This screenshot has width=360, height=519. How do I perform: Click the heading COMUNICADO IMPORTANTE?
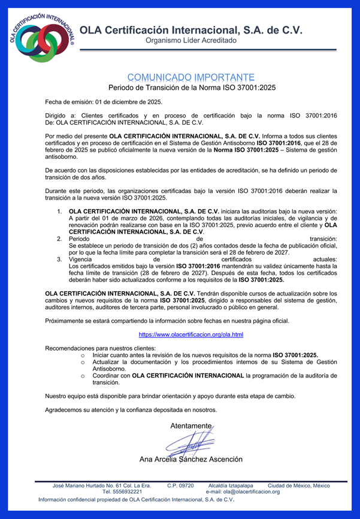tap(191, 77)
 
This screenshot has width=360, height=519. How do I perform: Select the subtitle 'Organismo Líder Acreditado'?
tap(191, 41)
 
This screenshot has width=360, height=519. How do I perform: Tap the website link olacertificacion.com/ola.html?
tap(190, 334)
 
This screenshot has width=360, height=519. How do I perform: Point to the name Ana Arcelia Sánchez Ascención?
tap(190, 460)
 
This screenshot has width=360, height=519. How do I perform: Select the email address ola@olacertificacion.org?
tap(242, 491)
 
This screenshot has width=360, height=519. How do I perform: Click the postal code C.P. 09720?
tap(180, 485)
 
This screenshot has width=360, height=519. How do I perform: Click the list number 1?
tap(59, 212)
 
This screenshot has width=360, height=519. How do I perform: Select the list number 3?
tap(59, 259)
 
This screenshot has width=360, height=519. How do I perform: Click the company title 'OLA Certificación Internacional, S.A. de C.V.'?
tap(191, 30)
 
